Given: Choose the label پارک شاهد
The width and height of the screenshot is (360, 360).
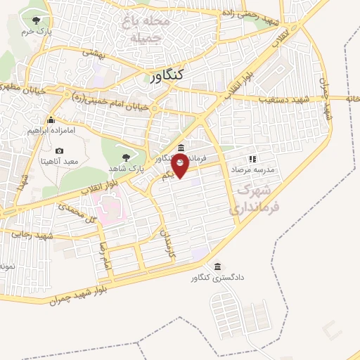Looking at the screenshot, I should pos(126,169).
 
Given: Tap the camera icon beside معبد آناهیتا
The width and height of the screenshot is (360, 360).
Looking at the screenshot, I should pos(59,150).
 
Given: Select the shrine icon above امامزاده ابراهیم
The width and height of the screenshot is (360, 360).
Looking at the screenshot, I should pos(51,119).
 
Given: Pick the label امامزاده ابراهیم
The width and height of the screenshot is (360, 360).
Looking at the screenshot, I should pos(51,131).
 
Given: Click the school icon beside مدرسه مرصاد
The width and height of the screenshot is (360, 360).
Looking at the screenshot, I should pos(253,159).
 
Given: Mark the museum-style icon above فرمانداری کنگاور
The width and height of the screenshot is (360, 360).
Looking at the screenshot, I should pos(181,148).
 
